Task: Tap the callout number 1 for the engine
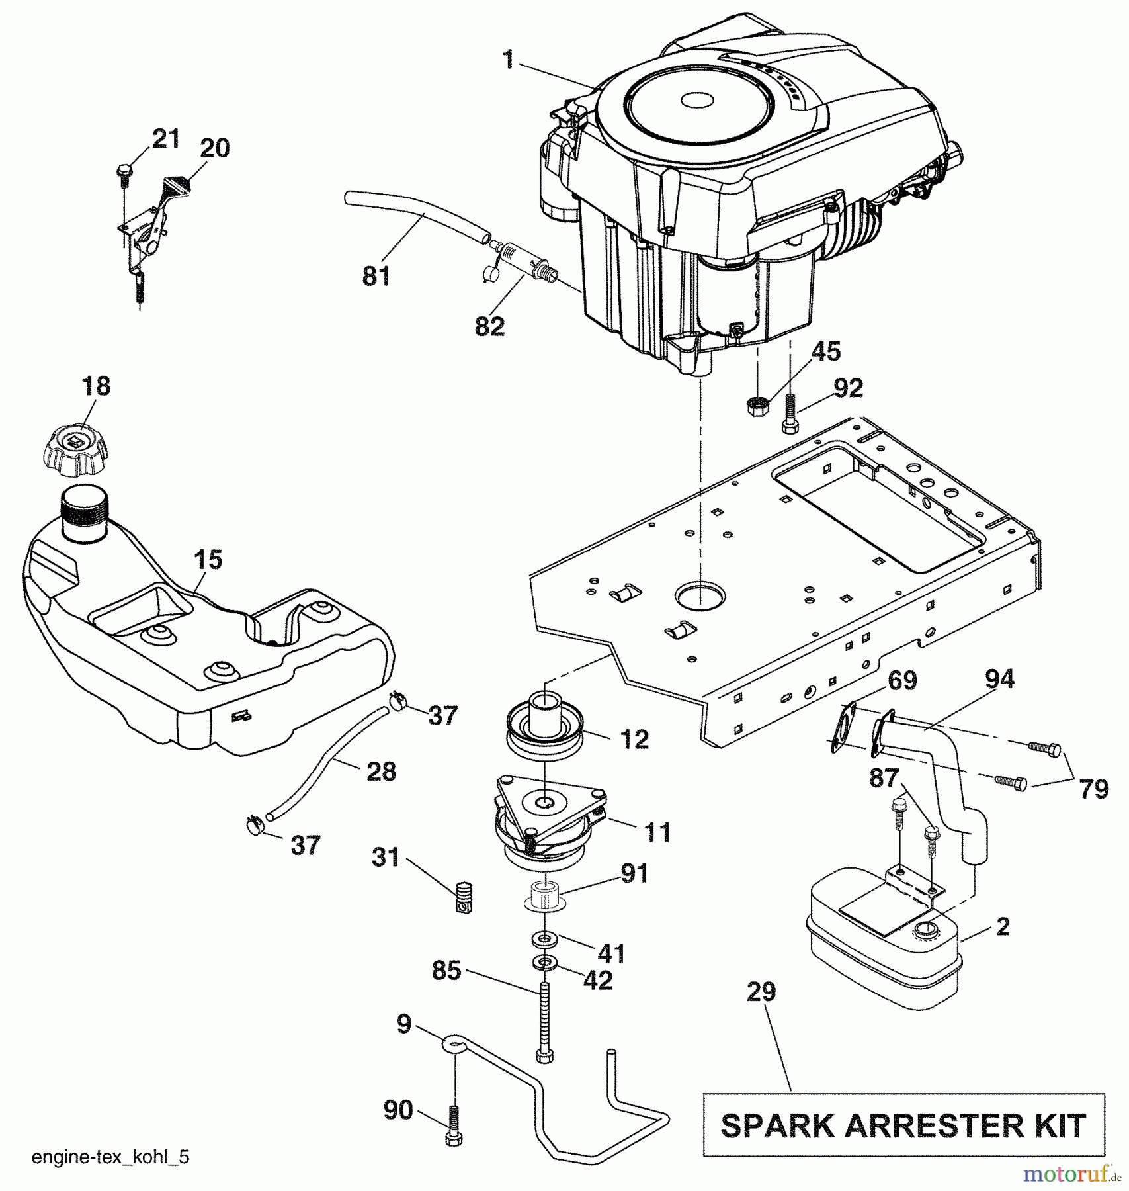point(508,60)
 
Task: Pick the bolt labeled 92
point(789,413)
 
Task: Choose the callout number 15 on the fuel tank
point(208,560)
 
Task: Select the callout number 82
point(489,326)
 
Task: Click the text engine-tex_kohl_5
point(110,1157)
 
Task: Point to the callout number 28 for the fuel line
point(382,772)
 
